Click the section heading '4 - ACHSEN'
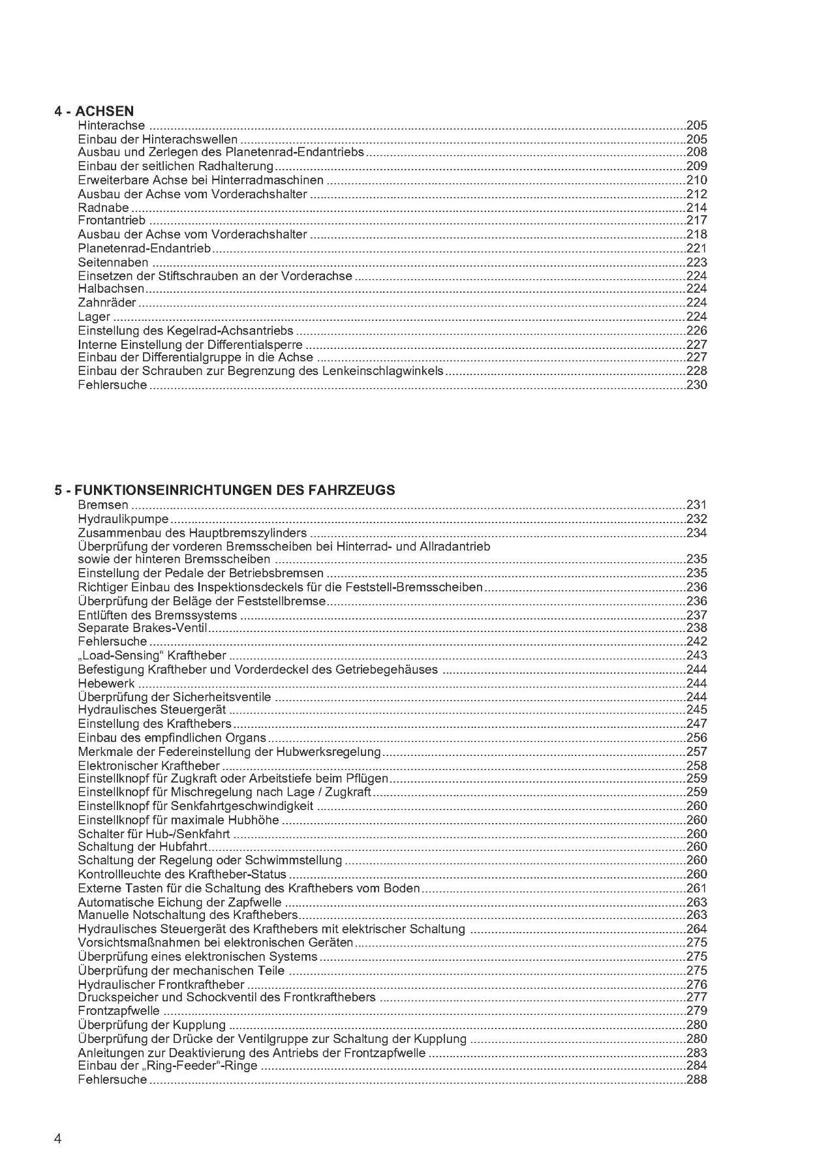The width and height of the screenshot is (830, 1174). coord(94,111)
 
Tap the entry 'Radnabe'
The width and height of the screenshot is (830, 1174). coord(103,207)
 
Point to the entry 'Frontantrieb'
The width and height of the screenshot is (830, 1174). coord(112,221)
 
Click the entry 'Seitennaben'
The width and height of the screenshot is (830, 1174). coord(113,262)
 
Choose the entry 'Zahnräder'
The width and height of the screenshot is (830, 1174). coord(107,303)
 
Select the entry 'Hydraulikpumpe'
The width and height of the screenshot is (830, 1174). coord(123,519)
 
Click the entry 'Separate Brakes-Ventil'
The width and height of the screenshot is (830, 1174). coord(142,628)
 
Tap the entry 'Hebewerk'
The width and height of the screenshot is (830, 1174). coord(106,683)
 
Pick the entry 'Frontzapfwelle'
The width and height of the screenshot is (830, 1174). coord(119,1011)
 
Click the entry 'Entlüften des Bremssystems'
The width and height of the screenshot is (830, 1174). coord(157,615)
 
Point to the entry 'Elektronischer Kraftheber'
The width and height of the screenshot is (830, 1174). coord(149,766)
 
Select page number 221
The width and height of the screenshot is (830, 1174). coord(697,248)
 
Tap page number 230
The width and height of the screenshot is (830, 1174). coord(697,385)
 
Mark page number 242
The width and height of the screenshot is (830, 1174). coord(697,642)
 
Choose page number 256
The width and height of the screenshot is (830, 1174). coord(697,738)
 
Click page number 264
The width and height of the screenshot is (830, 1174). coord(697,929)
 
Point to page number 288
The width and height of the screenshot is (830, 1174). coord(697,1079)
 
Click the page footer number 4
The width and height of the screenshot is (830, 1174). coord(58,1121)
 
